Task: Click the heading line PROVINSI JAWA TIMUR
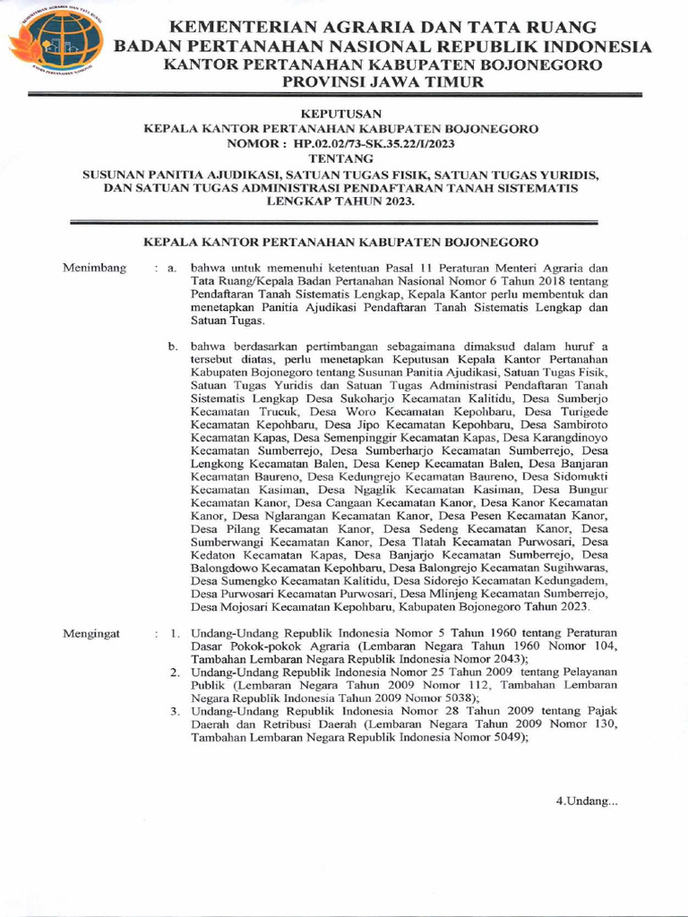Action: tap(383, 82)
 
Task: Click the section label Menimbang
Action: tap(94, 268)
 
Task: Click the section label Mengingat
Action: tap(91, 634)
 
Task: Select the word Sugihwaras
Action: tap(575, 568)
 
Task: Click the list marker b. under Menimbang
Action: tap(174, 345)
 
